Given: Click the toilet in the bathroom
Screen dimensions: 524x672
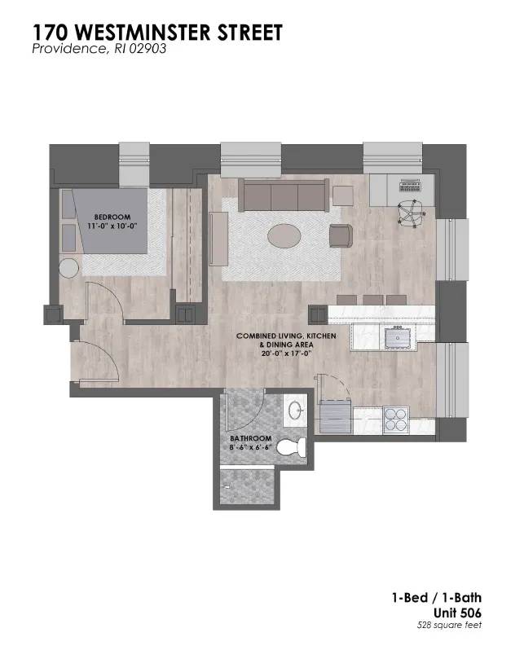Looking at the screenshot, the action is pyautogui.click(x=292, y=447).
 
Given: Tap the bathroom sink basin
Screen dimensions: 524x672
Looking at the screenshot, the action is pyautogui.click(x=296, y=411).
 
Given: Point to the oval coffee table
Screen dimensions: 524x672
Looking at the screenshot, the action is pyautogui.click(x=284, y=235).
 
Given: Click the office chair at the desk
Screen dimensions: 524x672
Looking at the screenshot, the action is pyautogui.click(x=412, y=213).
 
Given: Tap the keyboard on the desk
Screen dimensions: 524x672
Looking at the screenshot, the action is pyautogui.click(x=411, y=186).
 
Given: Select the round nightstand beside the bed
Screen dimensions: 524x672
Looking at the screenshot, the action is pyautogui.click(x=68, y=268).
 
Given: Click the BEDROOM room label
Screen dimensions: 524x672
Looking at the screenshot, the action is pyautogui.click(x=112, y=217).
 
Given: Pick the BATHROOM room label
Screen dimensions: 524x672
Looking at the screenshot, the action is pyautogui.click(x=251, y=438).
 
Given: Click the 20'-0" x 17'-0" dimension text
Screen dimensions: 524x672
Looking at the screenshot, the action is pyautogui.click(x=286, y=354).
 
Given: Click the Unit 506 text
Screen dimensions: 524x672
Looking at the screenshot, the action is pyautogui.click(x=457, y=613).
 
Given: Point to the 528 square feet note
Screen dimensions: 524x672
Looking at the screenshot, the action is pyautogui.click(x=449, y=626).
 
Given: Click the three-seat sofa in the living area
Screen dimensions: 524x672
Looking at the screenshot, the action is pyautogui.click(x=284, y=195).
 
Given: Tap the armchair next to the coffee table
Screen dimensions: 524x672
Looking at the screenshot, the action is pyautogui.click(x=341, y=236).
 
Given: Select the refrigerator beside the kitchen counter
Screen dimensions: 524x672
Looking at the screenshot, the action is pyautogui.click(x=337, y=415).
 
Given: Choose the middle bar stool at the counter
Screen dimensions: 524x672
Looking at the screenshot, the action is pyautogui.click(x=372, y=300).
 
